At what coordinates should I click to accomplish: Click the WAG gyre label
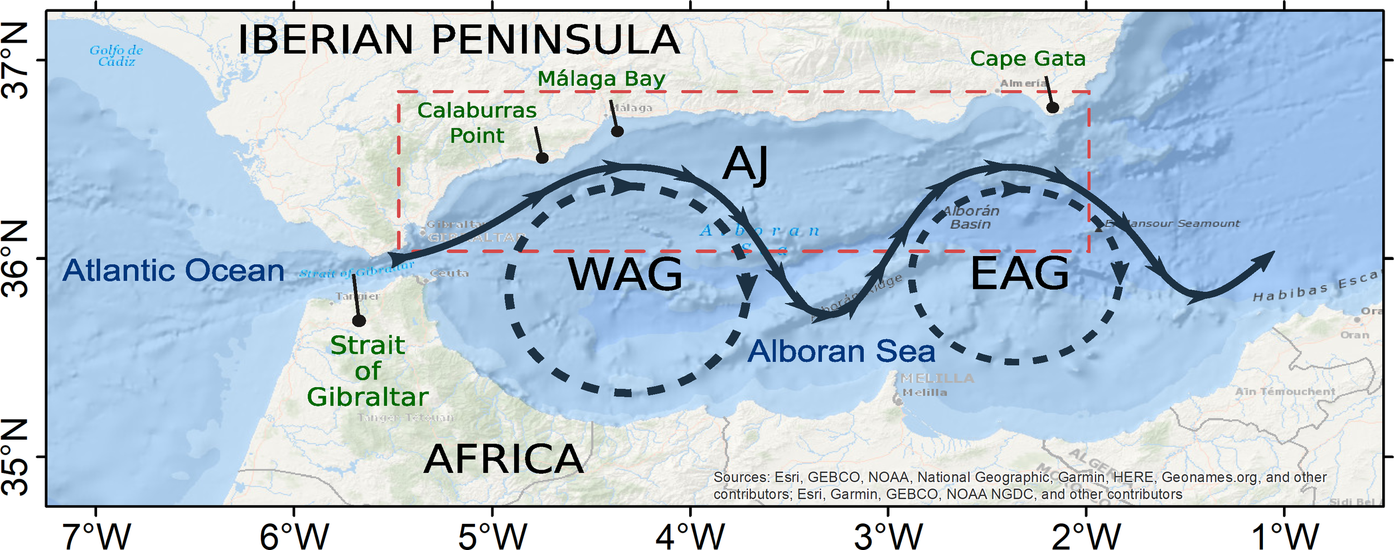point(625,274)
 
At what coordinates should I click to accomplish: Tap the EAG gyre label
point(1020,273)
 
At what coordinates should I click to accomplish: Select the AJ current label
point(746,165)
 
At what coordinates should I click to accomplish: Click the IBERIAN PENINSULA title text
point(458,40)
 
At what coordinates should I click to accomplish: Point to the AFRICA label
point(504,459)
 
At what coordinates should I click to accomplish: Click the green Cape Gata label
point(1028,59)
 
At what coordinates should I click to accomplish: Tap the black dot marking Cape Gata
point(1052,107)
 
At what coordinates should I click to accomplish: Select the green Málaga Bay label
point(601,79)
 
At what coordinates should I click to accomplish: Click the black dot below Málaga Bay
point(617,132)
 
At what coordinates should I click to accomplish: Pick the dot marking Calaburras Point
point(542,158)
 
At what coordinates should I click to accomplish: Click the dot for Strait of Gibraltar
point(359,321)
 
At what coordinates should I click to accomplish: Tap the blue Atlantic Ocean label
point(173,271)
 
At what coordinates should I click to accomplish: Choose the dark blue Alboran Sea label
point(841,351)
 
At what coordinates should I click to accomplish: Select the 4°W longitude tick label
point(690,536)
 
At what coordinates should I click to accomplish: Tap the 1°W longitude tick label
point(1285,536)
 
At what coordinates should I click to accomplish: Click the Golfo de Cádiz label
point(117,56)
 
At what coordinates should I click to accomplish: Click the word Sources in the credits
point(739,477)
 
